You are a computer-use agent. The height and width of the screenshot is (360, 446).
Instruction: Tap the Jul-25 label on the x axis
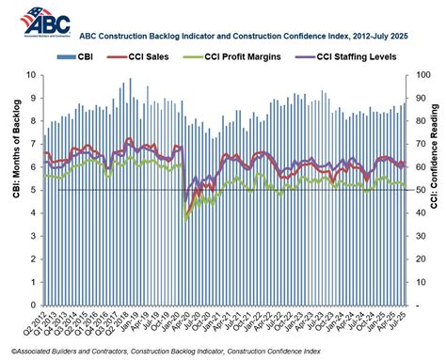click(404, 321)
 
